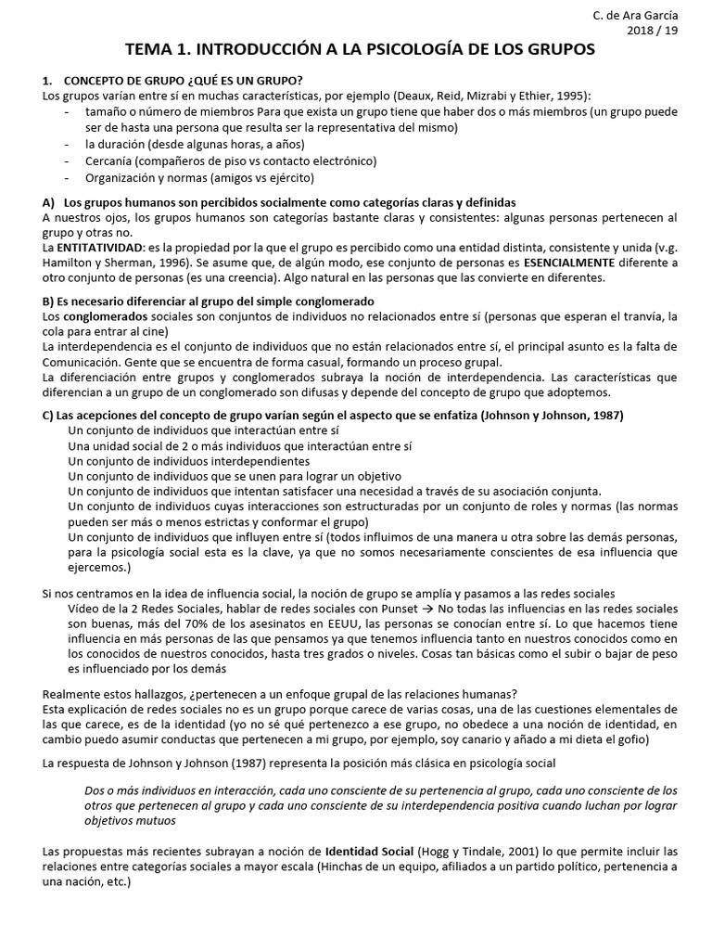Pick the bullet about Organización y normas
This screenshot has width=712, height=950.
coord(199,177)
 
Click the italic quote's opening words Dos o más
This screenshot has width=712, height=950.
coord(109,790)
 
